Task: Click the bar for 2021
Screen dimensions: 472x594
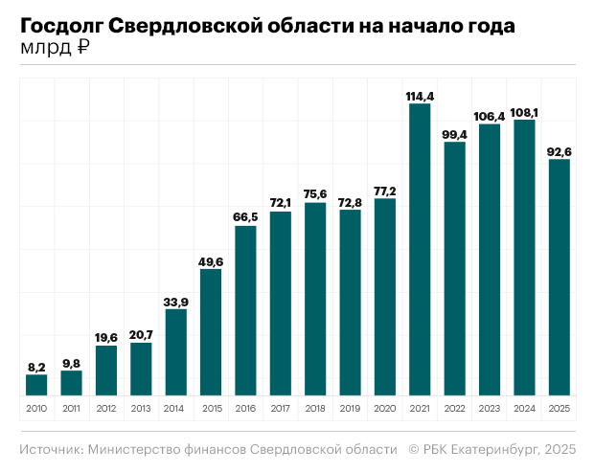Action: click(420, 249)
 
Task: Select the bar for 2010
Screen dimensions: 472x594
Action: click(36, 385)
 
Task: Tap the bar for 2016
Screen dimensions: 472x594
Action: click(245, 310)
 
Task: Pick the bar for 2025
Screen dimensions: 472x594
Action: click(559, 277)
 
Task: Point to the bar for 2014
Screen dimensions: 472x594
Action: click(176, 351)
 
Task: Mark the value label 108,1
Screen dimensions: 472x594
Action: click(524, 112)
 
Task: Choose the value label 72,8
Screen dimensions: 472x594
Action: click(350, 201)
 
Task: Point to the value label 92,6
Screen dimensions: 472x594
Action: click(559, 150)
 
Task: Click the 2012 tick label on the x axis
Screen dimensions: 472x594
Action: click(106, 409)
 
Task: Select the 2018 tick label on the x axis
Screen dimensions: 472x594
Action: click(315, 409)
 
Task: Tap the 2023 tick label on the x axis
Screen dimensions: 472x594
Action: click(490, 409)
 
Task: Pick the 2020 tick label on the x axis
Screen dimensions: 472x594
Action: click(385, 409)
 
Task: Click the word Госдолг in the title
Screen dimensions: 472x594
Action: click(61, 27)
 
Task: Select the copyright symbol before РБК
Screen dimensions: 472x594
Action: click(414, 449)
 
